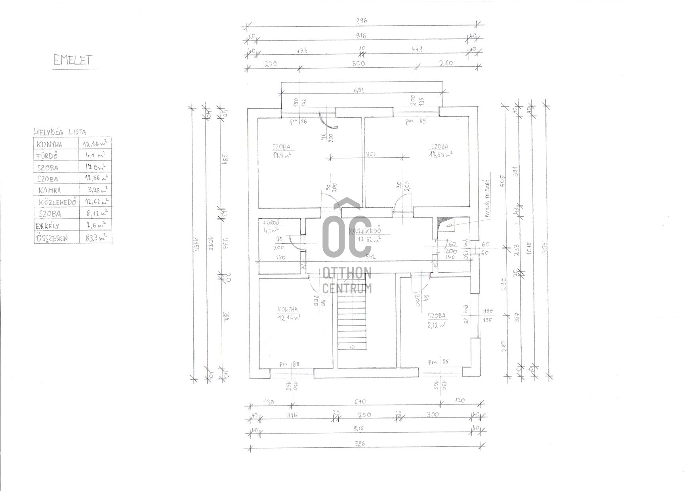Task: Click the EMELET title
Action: coord(73,60)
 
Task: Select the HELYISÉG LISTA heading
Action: coord(60,132)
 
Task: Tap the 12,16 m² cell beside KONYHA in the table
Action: coord(95,143)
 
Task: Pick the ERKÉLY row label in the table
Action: coord(47,226)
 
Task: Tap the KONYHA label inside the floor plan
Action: coord(288,310)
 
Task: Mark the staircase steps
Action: coord(351,323)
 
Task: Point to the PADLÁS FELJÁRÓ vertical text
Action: coord(488,198)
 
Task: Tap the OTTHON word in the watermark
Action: coord(347,273)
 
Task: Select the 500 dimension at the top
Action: coord(358,63)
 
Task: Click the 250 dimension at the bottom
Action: coord(364,415)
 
